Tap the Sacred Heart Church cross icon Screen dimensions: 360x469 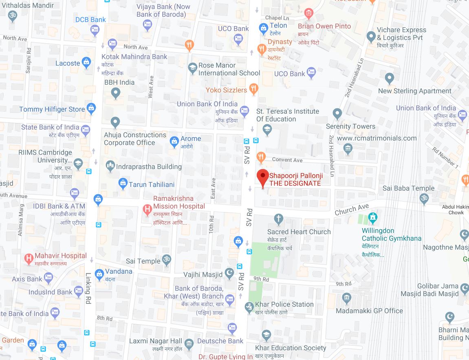pyautogui.click(x=279, y=219)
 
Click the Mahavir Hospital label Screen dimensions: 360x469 pyautogui.click(x=61, y=256)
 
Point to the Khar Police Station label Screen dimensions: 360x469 pyautogui.click(x=284, y=304)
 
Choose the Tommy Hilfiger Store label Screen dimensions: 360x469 pyautogui.click(x=52, y=109)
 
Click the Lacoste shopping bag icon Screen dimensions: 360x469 pyautogui.click(x=86, y=62)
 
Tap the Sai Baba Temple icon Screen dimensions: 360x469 pyautogui.click(x=424, y=199)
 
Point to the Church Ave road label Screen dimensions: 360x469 pyautogui.click(x=352, y=209)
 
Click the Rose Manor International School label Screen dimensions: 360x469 pyautogui.click(x=229, y=69)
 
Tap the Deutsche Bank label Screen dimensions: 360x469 pyautogui.click(x=220, y=341)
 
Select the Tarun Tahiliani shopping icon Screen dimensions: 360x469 pyautogui.click(x=123, y=184)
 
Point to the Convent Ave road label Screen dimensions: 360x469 pyautogui.click(x=287, y=160)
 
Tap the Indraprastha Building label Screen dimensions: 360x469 pyautogui.click(x=149, y=167)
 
